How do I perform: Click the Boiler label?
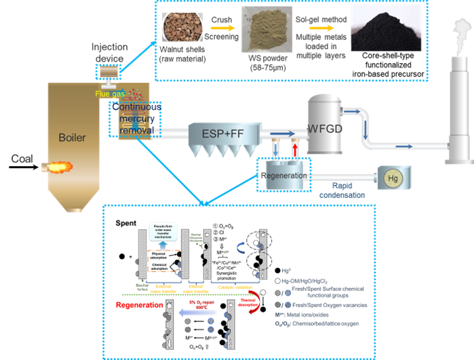click(72, 138)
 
